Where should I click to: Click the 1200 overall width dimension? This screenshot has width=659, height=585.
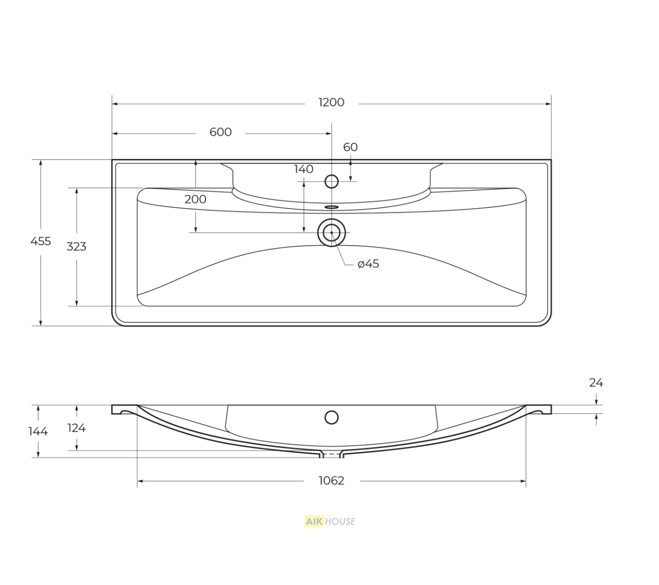tap(331, 103)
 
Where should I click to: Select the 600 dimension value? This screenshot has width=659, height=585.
tap(220, 132)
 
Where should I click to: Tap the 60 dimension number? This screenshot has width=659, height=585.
tap(350, 147)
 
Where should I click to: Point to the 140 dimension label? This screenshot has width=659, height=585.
tap(303, 169)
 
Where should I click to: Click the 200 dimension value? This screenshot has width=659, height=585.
tap(195, 199)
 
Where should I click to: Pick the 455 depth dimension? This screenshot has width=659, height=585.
tap(41, 241)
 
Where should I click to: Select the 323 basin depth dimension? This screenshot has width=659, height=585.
tap(76, 247)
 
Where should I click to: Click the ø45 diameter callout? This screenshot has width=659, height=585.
tap(368, 264)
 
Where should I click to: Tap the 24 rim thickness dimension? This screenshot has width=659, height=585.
tap(596, 383)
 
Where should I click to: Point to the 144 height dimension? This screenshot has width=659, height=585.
tap(38, 431)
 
